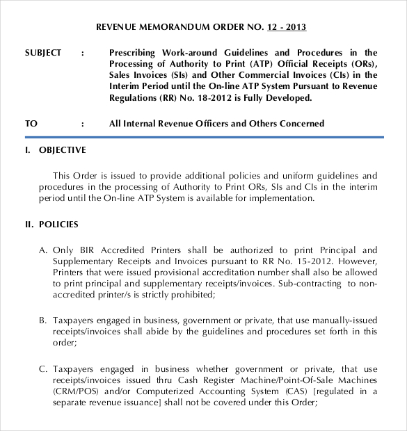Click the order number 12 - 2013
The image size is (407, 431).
286,28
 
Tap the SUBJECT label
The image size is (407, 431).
43,53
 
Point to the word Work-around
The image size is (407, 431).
190,53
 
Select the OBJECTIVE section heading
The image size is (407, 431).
63,150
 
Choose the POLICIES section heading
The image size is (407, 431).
58,225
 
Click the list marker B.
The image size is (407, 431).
42,320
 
